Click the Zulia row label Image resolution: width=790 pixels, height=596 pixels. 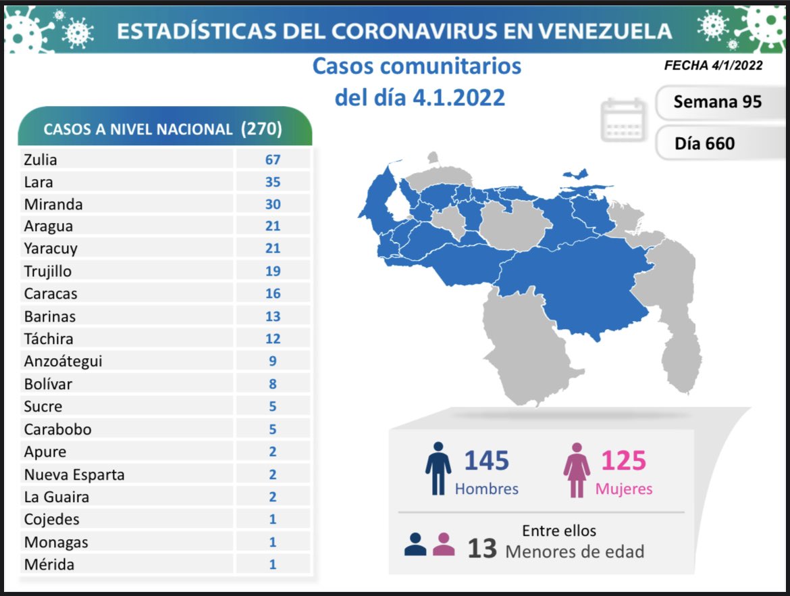point(41,160)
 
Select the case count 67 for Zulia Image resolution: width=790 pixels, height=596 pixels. point(273,160)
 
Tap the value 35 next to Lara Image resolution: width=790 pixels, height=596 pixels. point(273,182)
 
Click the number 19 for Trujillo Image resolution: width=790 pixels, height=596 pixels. point(273,272)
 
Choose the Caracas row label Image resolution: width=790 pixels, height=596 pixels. point(51,294)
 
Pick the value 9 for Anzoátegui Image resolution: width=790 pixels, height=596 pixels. point(273,362)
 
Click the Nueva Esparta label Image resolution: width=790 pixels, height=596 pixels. point(74,474)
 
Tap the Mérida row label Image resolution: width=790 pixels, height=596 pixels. point(49,564)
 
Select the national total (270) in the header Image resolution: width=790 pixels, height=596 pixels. point(261,129)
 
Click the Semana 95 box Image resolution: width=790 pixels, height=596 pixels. point(717,101)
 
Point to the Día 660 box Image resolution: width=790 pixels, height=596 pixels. point(704,143)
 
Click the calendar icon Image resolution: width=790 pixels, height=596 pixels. point(624,120)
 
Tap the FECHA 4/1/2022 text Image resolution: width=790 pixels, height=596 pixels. point(713,66)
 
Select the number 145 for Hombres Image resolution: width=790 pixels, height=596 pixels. point(486,461)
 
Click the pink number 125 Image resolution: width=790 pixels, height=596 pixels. point(623,461)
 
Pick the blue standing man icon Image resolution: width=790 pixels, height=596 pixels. point(438,469)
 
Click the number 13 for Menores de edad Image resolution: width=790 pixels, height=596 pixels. point(482,549)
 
